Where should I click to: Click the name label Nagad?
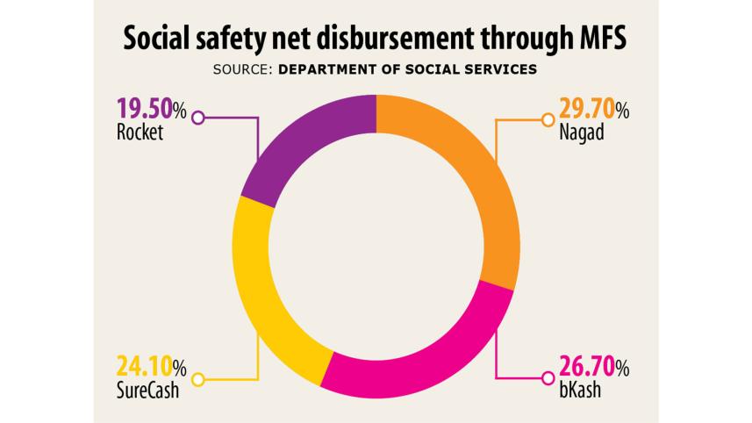[x=581, y=134]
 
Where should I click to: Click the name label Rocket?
[x=140, y=134]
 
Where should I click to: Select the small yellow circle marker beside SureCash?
[x=198, y=379]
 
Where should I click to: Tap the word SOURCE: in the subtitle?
[x=243, y=69]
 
